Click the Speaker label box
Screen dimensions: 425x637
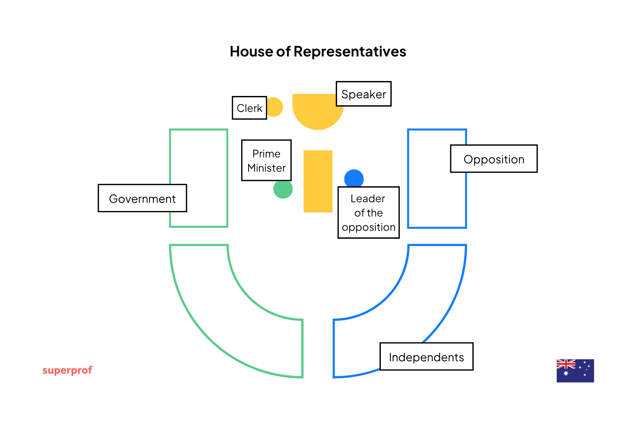(x=364, y=94)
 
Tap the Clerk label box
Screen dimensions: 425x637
(x=249, y=108)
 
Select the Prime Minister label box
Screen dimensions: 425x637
(x=266, y=160)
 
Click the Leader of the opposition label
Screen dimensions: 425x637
(x=368, y=212)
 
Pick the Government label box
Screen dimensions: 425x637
(x=142, y=198)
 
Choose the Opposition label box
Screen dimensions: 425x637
(x=494, y=159)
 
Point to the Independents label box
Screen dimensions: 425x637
(x=426, y=357)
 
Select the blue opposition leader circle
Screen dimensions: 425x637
(x=354, y=178)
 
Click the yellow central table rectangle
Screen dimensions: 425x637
(x=318, y=181)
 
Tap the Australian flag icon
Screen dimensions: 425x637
(x=575, y=371)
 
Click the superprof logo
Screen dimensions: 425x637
(x=67, y=370)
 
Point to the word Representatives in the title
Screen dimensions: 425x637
(x=350, y=52)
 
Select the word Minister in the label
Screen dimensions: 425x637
(x=266, y=168)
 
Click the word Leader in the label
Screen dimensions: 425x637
(x=368, y=199)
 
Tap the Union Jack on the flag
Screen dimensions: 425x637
(x=566, y=364)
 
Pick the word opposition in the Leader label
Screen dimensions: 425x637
(x=369, y=227)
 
